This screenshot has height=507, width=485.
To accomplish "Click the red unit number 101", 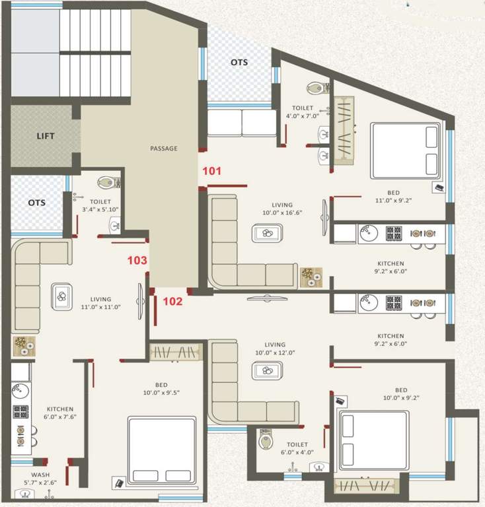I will (x=211, y=172).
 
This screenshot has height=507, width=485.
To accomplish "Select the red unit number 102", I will (x=172, y=302).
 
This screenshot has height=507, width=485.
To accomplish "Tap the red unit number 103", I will (x=137, y=261).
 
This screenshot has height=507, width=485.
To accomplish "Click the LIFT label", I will (x=46, y=137).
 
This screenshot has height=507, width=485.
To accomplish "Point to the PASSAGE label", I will (x=164, y=149).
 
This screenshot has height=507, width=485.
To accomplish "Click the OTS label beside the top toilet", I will (x=239, y=62).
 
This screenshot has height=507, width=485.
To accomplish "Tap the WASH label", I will (x=40, y=475).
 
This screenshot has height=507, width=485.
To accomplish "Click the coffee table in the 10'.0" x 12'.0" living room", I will (x=266, y=370).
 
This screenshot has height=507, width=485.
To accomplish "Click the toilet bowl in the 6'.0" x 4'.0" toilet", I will (x=266, y=441).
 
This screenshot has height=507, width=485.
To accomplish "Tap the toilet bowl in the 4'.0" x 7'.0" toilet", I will (x=316, y=88).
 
